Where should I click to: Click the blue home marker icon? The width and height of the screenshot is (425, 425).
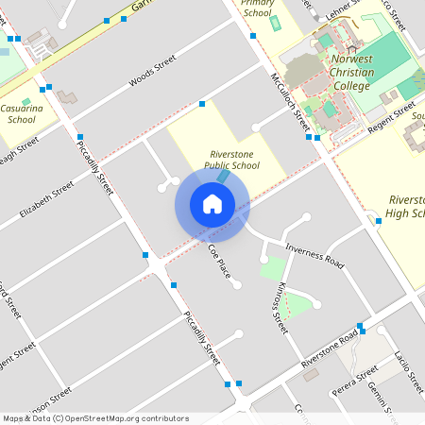tap(212, 203)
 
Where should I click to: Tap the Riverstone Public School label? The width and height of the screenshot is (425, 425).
tap(232, 160)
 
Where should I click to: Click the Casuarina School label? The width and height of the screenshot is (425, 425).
tap(22, 114)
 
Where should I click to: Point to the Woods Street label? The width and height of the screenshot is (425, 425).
tap(152, 71)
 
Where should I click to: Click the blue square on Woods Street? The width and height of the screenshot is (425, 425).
tap(202, 103)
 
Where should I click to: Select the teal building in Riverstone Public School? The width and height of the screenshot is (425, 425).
tap(223, 177)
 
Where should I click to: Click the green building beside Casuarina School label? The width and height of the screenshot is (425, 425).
tap(25, 101)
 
